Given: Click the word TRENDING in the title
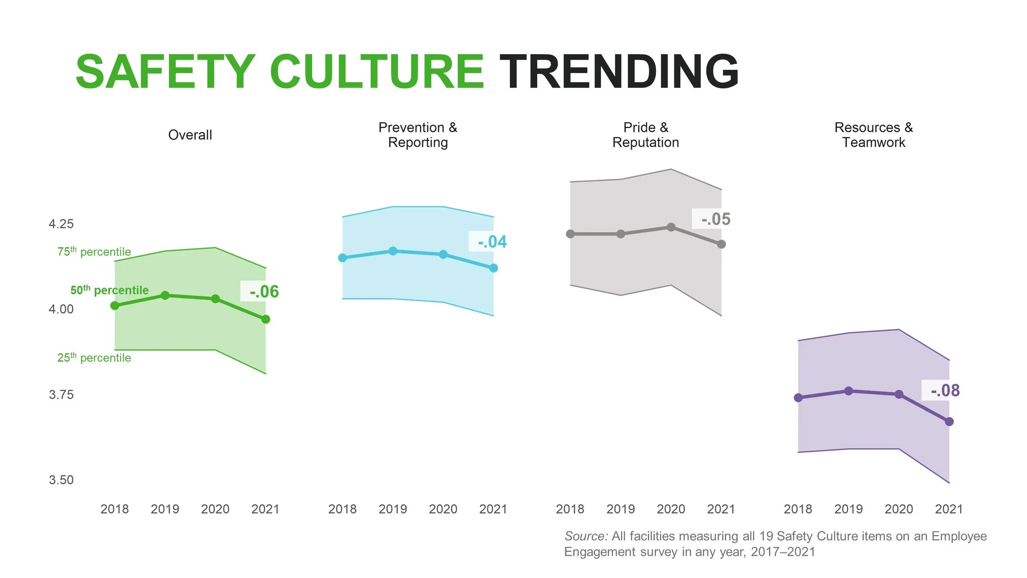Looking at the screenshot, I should pos(618,71).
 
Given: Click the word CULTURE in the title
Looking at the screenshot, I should pos(376,71).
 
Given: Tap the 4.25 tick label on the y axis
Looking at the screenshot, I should pos(61,224).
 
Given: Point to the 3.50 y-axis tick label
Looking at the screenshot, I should pos(61,480).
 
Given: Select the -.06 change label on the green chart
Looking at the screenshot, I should pos(264,291).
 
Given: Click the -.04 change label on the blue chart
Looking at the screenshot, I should pos(492,242).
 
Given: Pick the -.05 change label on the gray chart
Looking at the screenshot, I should pos(716,219).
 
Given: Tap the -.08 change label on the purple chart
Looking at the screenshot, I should pos(945,391).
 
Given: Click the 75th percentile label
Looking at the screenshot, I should pos(94,252).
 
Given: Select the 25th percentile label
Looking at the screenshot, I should pos(94,358).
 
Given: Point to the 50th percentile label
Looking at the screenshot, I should pos(109,290).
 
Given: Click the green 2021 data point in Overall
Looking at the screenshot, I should pos(266,320).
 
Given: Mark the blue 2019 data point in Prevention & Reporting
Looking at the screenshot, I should pos(393,251).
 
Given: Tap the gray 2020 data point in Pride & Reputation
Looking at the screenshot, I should pos(671,227).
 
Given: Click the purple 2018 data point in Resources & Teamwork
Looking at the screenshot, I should pos(798,398).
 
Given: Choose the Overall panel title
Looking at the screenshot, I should pos(190,135).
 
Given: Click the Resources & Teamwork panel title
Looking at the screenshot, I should pos(873,135).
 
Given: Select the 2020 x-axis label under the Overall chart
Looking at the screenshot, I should pos(215,509).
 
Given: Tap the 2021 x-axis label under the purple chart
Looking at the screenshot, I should pos(949,509).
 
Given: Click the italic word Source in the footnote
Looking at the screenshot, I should pos(585,536).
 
